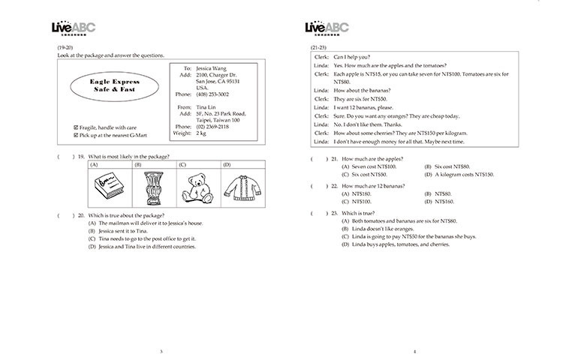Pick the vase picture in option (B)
pyautogui.click(x=155, y=187)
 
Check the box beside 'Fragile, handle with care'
pyautogui.click(x=77, y=127)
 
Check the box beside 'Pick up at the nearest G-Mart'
pyautogui.click(x=77, y=136)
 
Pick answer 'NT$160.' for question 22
pyautogui.click(x=435, y=202)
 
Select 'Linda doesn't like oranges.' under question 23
pyautogui.click(x=383, y=229)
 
